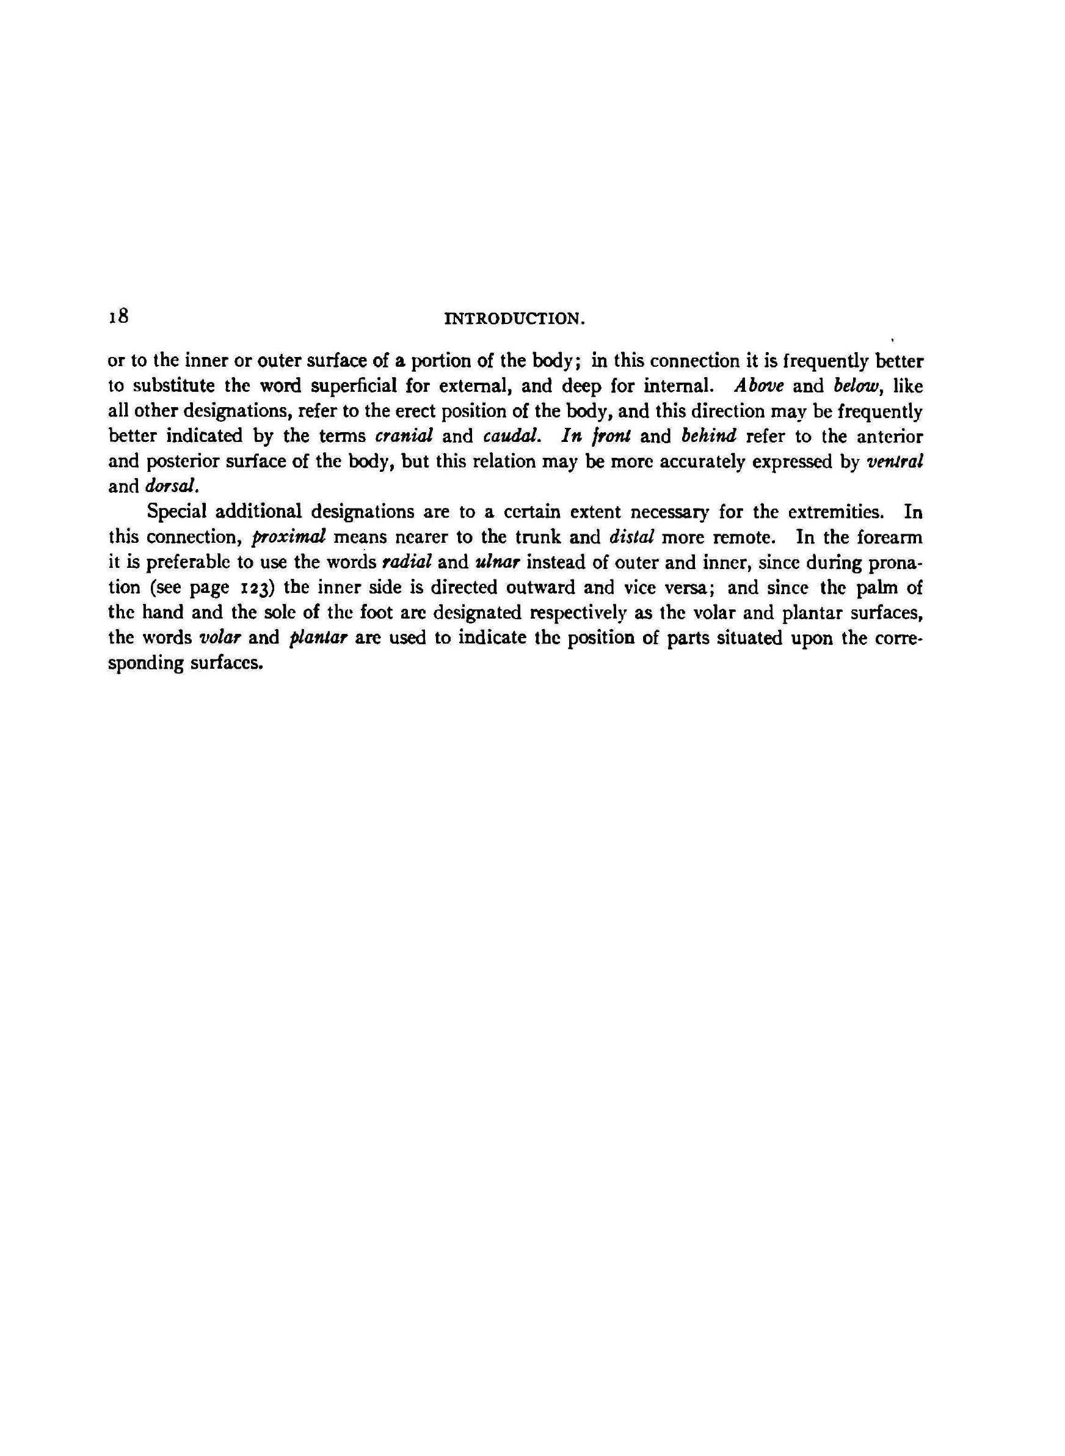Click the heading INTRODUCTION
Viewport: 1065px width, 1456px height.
point(514,319)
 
